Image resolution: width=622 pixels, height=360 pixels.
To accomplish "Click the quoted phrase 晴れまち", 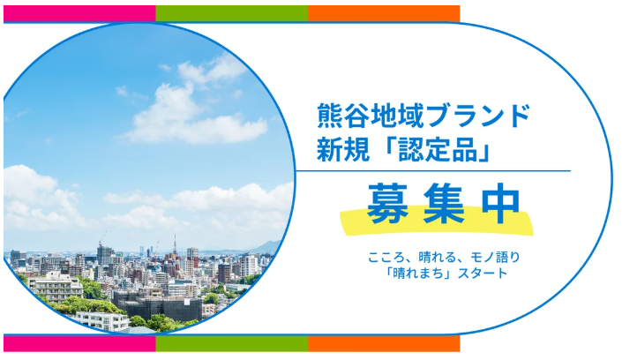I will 416,274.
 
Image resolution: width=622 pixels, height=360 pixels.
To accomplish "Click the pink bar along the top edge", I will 79,13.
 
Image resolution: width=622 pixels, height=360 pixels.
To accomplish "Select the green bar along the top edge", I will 232,13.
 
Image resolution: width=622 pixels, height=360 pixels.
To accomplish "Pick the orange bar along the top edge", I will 384,13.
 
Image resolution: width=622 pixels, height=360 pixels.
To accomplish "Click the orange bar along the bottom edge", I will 384,343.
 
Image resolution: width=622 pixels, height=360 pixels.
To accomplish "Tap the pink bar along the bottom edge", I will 79,343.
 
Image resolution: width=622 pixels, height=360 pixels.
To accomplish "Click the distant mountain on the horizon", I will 265,247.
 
